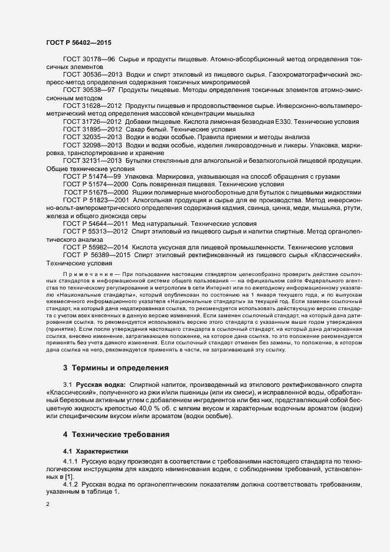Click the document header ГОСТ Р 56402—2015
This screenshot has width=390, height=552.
(x=78, y=43)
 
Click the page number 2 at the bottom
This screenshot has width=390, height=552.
(x=47, y=505)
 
